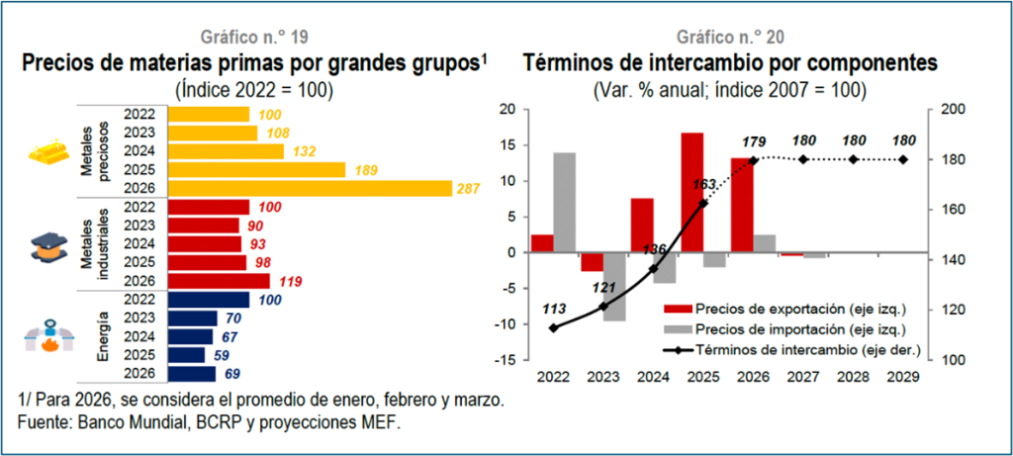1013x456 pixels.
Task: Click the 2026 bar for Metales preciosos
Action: pyautogui.click(x=310, y=189)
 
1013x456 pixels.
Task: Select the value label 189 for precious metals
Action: pyautogui.click(x=366, y=170)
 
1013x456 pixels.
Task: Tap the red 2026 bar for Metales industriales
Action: pyautogui.click(x=219, y=282)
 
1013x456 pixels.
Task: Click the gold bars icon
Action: pyautogui.click(x=48, y=151)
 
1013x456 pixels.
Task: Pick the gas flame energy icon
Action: pyautogui.click(x=49, y=336)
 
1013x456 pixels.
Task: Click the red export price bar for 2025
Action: pyautogui.click(x=691, y=193)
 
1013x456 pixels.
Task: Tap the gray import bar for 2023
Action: pyautogui.click(x=613, y=287)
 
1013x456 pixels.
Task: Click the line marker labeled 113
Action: pyautogui.click(x=554, y=327)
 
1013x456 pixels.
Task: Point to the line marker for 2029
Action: pyautogui.click(x=903, y=159)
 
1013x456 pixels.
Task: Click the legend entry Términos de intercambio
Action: pyautogui.click(x=787, y=349)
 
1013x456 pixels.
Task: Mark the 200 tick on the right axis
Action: pyautogui.click(x=949, y=110)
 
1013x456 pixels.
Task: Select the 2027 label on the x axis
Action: pyautogui.click(x=803, y=376)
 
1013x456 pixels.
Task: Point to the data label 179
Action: pyautogui.click(x=753, y=140)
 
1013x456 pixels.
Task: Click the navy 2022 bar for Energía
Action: pyautogui.click(x=209, y=301)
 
